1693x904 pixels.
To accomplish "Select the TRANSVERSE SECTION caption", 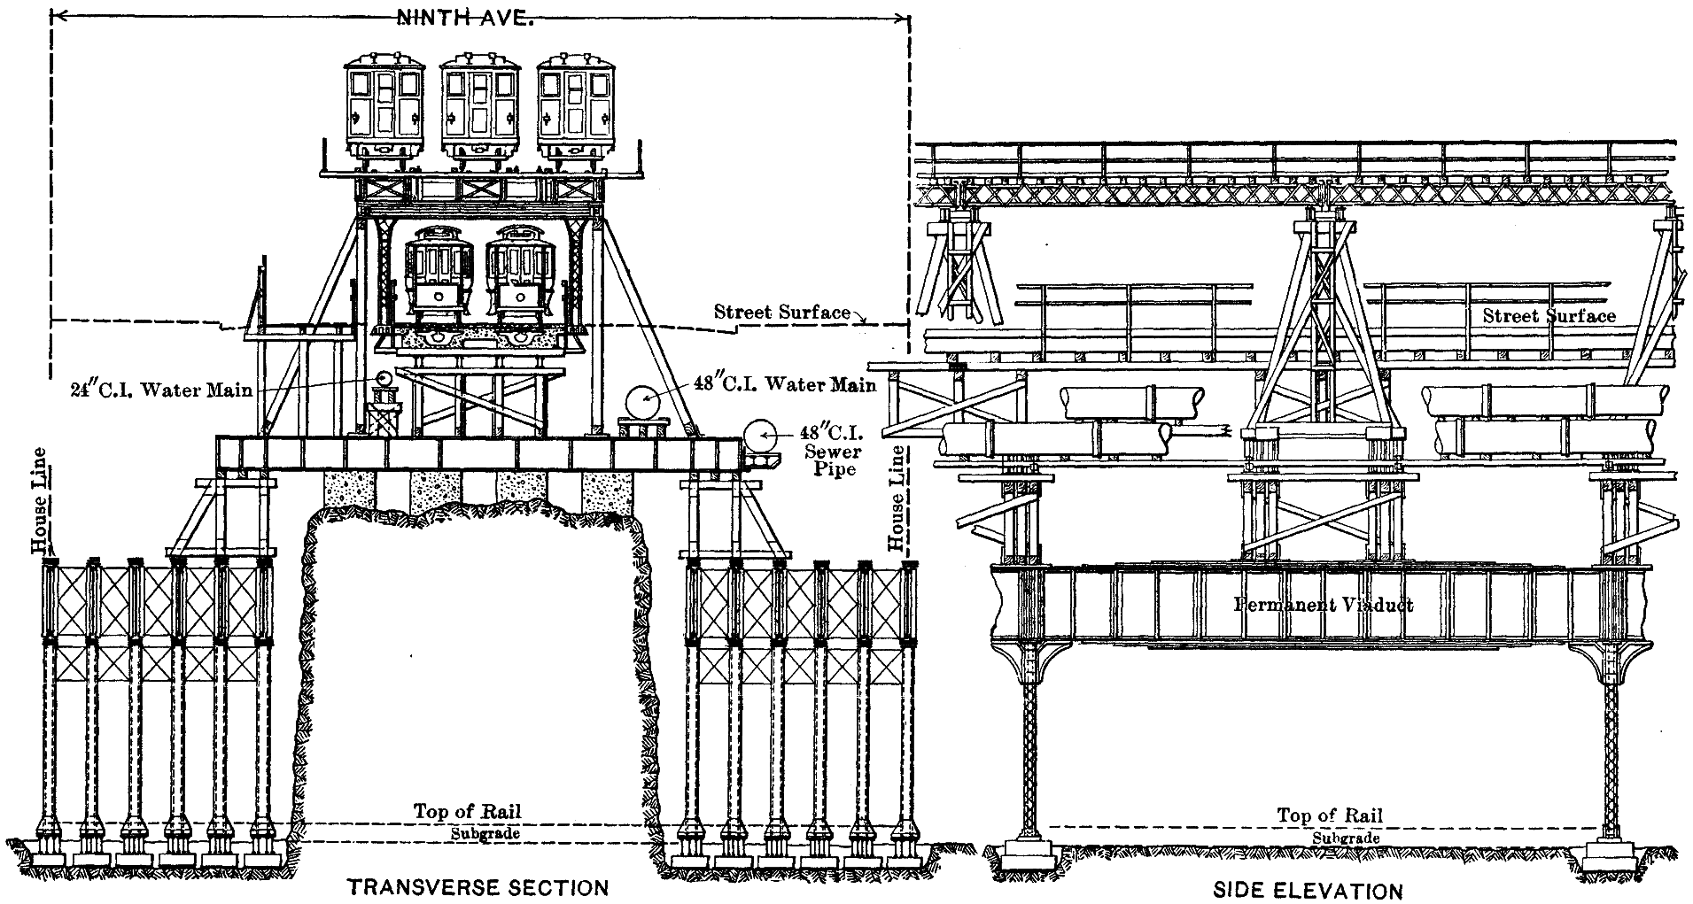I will coord(478,887).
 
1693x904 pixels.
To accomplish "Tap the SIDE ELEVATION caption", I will coord(1308,890).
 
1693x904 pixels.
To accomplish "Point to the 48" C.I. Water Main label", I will coord(784,384).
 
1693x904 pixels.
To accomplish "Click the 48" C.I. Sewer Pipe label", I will coord(836,451).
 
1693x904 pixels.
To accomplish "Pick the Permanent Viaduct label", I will coord(1324,606).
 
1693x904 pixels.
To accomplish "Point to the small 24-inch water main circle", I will coord(385,380).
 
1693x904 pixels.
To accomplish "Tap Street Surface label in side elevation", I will coord(1549,316).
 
